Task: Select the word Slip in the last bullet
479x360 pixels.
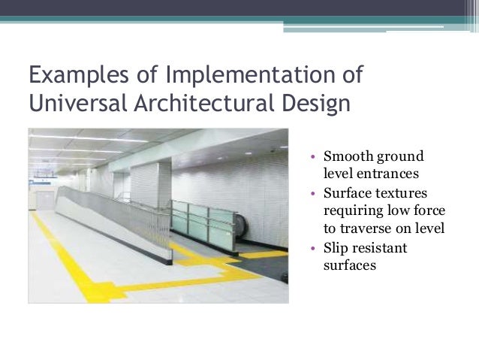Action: coord(336,247)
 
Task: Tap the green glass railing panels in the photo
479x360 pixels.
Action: coord(200,222)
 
